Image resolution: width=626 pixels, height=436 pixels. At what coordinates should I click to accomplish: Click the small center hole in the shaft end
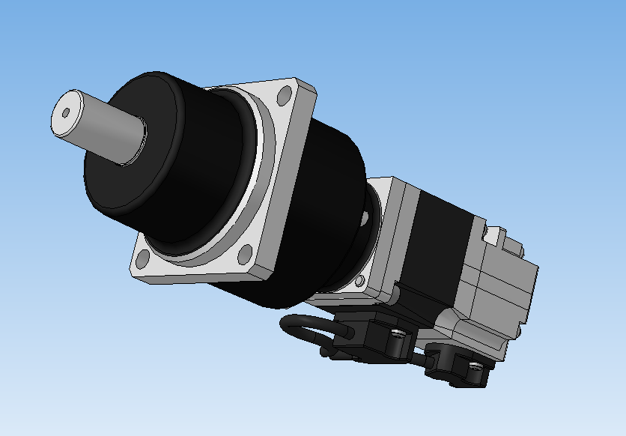(66, 113)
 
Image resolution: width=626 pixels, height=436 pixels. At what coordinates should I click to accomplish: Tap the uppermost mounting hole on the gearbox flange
(285, 96)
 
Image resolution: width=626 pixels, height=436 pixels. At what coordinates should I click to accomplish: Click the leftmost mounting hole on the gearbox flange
(142, 260)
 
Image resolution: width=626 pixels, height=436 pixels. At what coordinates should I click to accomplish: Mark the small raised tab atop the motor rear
(492, 235)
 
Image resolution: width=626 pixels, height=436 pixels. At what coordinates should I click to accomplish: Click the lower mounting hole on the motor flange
(360, 281)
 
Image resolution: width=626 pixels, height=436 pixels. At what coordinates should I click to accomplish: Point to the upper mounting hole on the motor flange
(365, 217)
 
